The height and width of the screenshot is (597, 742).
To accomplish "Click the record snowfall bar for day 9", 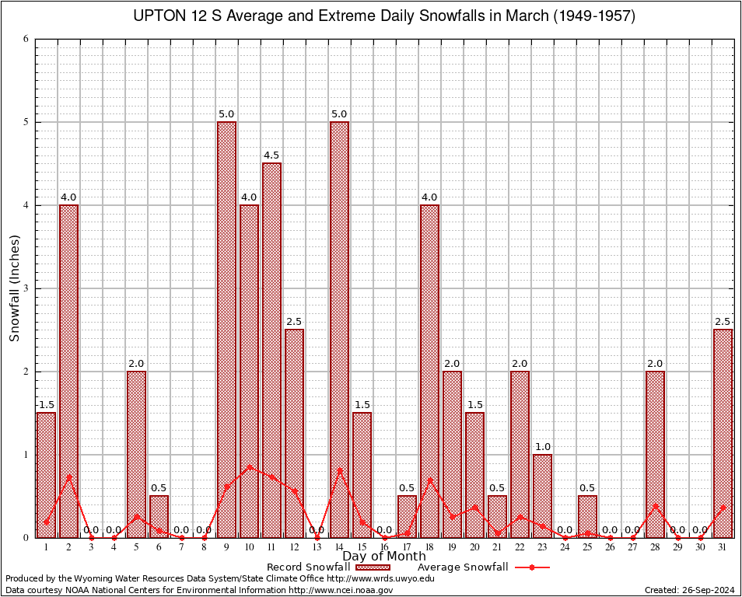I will tap(226, 330).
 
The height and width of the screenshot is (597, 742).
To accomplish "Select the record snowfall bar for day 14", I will tap(339, 330).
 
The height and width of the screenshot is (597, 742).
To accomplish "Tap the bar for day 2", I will tap(68, 371).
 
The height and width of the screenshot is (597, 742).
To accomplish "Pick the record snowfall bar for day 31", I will tap(723, 433).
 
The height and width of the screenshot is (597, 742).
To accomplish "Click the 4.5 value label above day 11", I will tap(271, 155).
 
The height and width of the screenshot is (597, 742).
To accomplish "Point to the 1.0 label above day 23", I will tap(542, 447).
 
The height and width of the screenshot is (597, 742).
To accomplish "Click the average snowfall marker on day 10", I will tap(249, 466).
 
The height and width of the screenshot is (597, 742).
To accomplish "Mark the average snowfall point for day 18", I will tap(429, 480).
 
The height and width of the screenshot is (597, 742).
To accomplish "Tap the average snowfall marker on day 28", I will tap(655, 506).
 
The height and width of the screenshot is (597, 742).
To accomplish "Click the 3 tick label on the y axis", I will tap(26, 288).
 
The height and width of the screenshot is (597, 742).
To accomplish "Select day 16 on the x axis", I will tap(384, 547).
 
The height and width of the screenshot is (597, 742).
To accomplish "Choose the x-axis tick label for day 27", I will tap(632, 547).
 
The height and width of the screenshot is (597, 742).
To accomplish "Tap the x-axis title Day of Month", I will tap(384, 557).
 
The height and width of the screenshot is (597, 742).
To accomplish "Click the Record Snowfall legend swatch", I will tap(372, 567).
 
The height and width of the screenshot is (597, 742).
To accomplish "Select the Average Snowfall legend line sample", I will tap(532, 567).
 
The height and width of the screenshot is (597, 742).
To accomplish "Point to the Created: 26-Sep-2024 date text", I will tap(689, 590).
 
